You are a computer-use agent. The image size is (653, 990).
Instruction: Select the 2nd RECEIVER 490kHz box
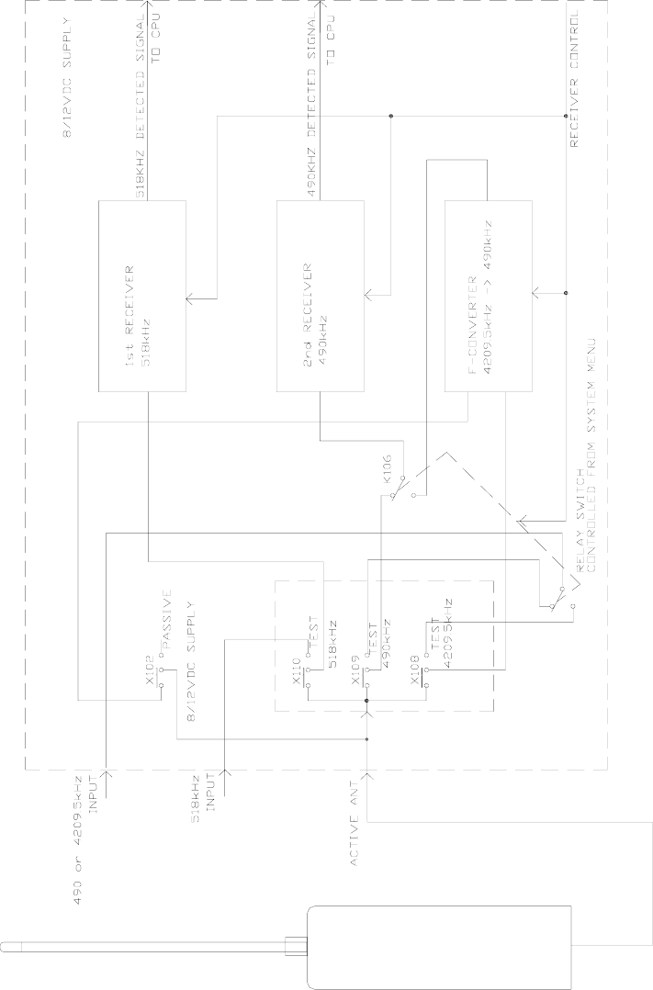(x=320, y=296)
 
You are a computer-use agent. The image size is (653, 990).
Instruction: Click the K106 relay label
(x=388, y=471)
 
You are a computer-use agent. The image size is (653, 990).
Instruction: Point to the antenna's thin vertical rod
(x=138, y=942)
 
